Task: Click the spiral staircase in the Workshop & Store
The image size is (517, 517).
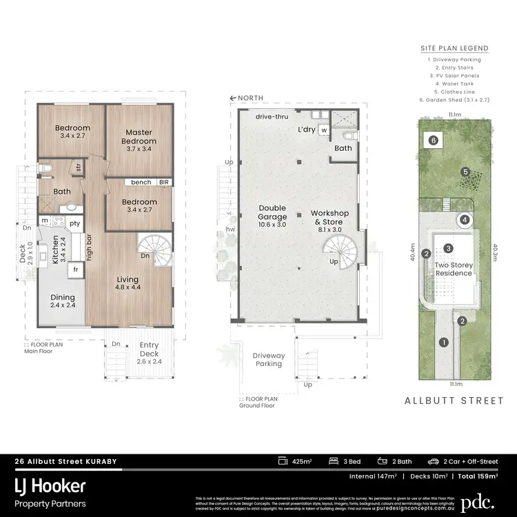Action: tap(338, 247)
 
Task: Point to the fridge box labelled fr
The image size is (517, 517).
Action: tap(76, 270)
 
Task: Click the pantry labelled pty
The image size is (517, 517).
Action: tap(74, 223)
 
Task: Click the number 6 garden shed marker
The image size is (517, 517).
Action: tap(433, 140)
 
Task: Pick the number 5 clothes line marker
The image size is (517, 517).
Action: tap(465, 172)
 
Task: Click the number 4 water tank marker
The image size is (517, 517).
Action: tap(465, 221)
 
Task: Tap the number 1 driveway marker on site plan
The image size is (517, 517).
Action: tap(444, 342)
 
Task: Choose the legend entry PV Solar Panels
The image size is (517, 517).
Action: tap(454, 76)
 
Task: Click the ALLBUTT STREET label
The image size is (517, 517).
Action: tap(455, 400)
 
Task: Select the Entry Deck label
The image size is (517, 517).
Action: tap(149, 349)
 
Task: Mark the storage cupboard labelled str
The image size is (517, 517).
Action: tap(79, 166)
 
